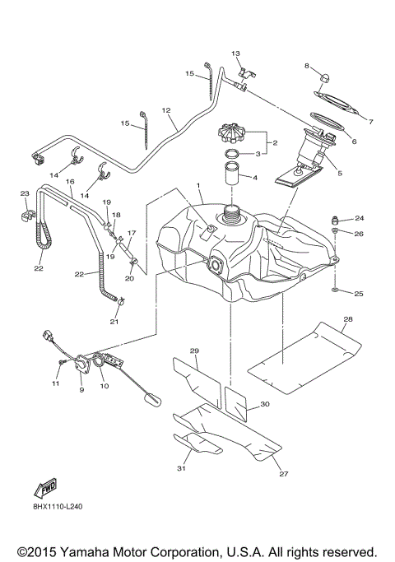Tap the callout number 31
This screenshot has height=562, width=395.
[181, 468]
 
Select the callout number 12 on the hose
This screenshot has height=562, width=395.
[165, 110]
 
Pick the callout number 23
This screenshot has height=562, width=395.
[25, 193]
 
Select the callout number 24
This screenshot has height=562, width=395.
[360, 218]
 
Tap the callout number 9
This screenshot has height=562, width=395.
[81, 390]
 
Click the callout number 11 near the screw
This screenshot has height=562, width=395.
[56, 383]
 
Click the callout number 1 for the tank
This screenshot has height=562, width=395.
[197, 186]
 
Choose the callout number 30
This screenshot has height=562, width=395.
[264, 404]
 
